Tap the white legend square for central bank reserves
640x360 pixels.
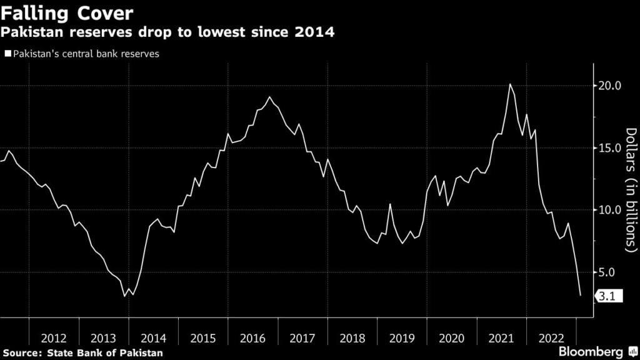pyautogui.click(x=7, y=54)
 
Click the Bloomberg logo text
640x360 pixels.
pyautogui.click(x=592, y=351)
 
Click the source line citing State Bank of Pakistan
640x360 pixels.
pyautogui.click(x=82, y=352)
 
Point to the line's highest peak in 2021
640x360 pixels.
pyautogui.click(x=510, y=84)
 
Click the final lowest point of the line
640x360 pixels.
pyautogui.click(x=581, y=296)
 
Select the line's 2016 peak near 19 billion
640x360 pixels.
pyautogui.click(x=269, y=97)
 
